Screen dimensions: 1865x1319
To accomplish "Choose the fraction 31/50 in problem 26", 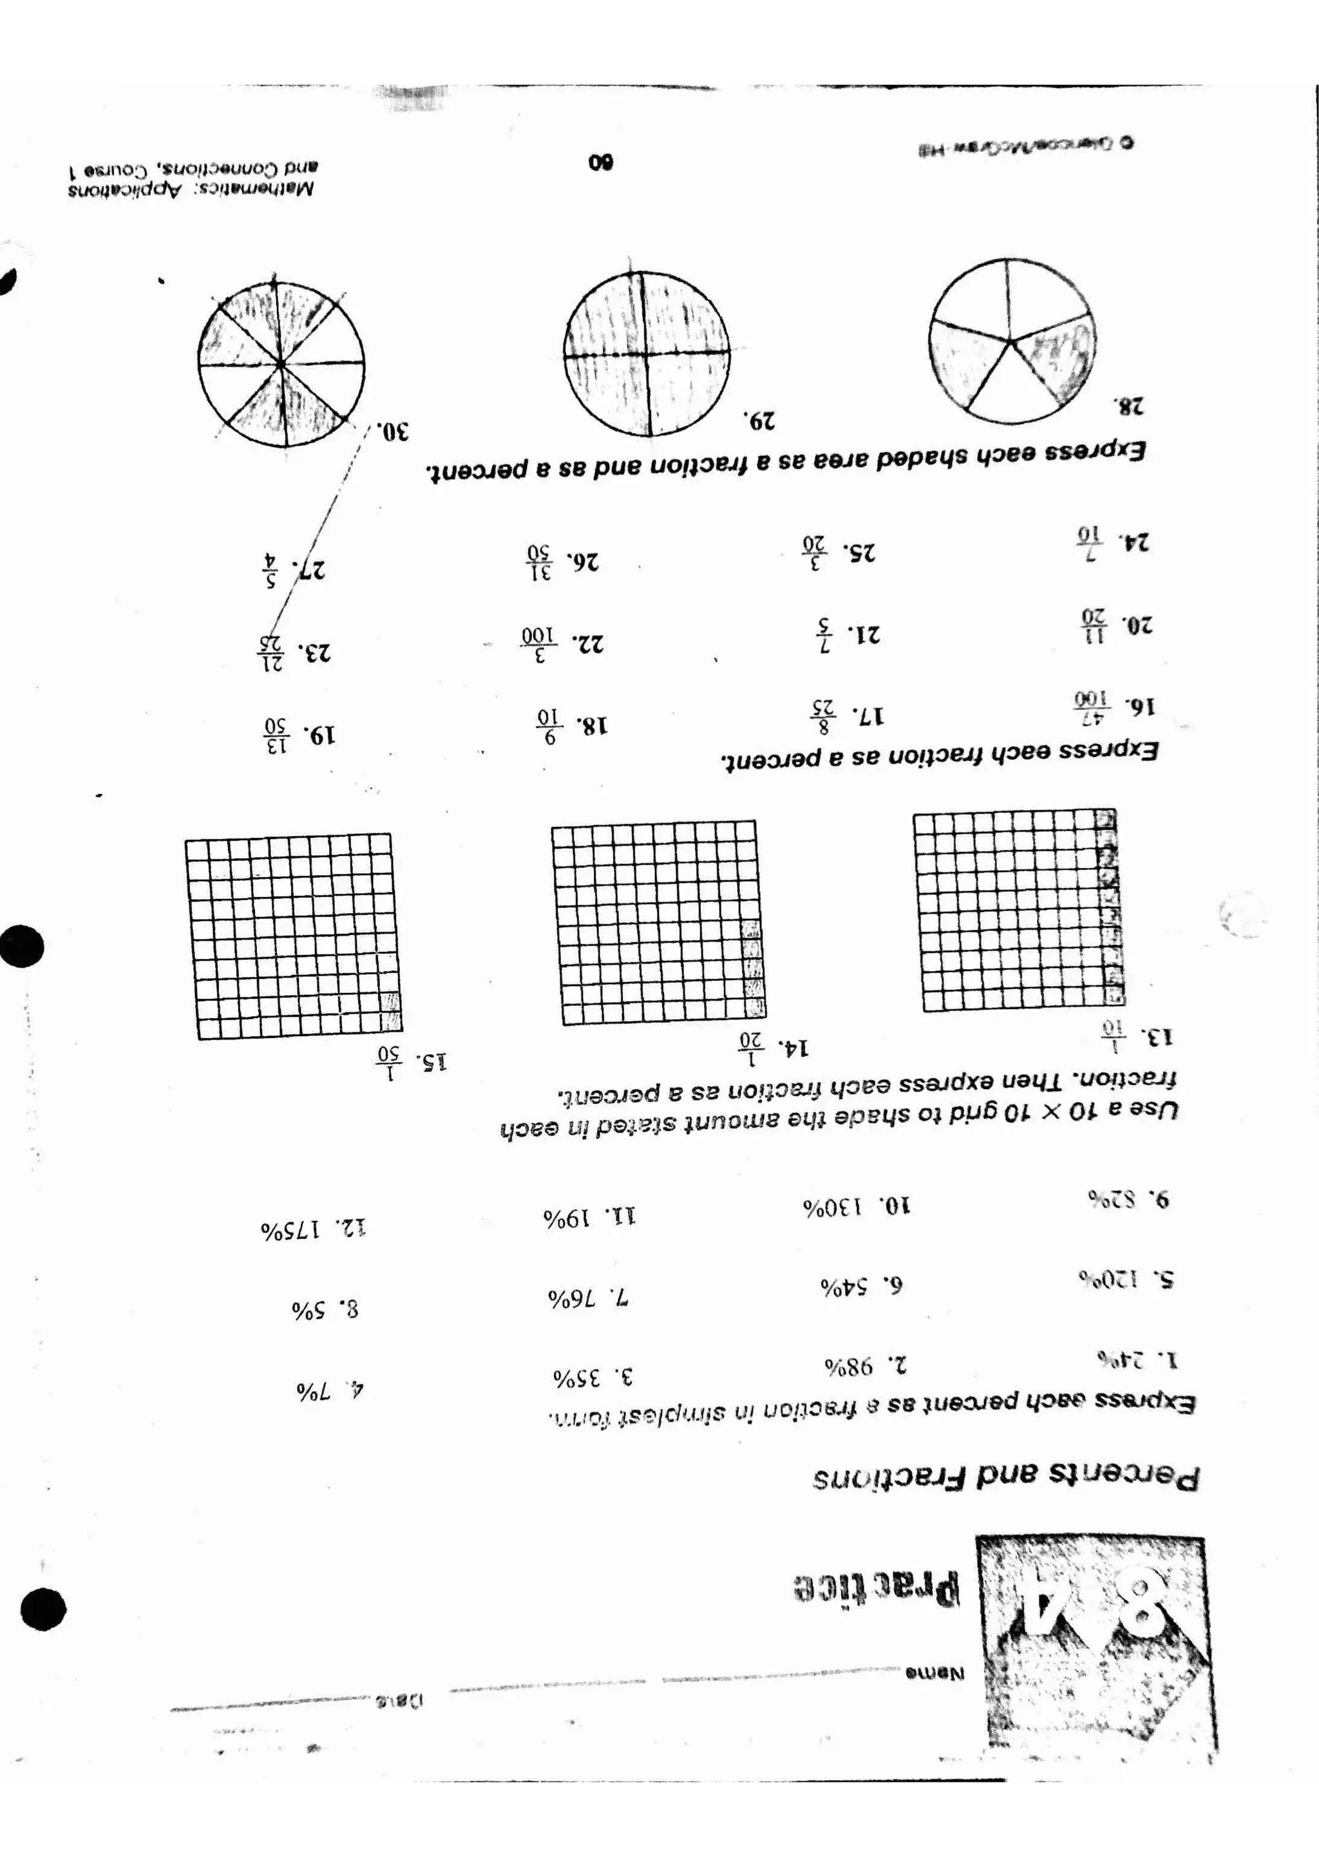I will [539, 560].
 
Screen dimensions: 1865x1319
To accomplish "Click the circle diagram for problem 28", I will [1011, 341].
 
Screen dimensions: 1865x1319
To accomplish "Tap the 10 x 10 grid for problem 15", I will [293, 936].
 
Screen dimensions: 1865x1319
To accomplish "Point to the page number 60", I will [601, 162].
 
